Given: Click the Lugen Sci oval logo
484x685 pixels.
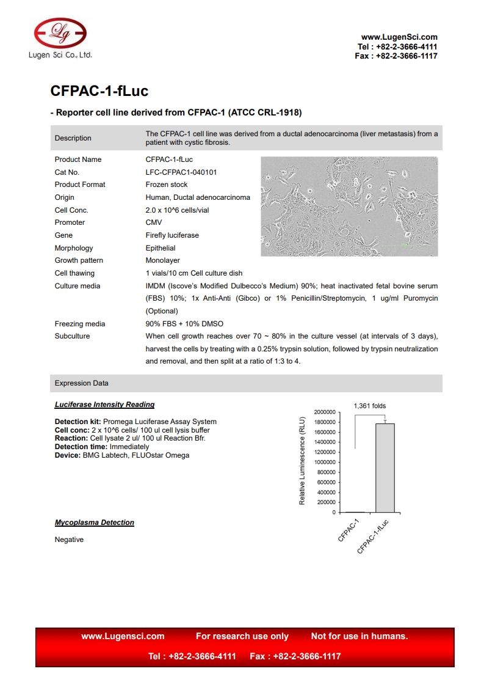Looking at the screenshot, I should [x=60, y=32].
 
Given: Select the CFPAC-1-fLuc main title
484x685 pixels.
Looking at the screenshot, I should [x=99, y=91].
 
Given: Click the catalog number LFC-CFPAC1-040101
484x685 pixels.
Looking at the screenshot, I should [x=181, y=172].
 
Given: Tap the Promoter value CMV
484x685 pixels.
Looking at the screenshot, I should [x=154, y=222].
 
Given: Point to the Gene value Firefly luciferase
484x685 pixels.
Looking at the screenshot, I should [x=172, y=235].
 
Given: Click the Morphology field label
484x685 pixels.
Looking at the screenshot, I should [x=74, y=248].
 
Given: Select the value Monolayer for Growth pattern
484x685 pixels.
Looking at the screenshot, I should [x=162, y=260].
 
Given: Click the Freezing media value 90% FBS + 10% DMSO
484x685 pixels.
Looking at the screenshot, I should [x=184, y=324].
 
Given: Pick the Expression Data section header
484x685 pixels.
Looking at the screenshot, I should [x=82, y=383].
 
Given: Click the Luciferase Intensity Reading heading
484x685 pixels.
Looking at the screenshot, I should [x=104, y=405].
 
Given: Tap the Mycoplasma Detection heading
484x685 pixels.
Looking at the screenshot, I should [x=95, y=522].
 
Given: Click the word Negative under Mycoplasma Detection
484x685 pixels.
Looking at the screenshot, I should [x=69, y=540].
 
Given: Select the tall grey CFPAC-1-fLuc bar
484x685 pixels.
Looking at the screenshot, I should [x=385, y=467].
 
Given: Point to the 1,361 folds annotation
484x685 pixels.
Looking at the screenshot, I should [x=370, y=406].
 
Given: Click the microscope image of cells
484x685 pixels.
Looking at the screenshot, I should [x=349, y=207].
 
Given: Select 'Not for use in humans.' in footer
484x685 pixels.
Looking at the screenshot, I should [x=359, y=636].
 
